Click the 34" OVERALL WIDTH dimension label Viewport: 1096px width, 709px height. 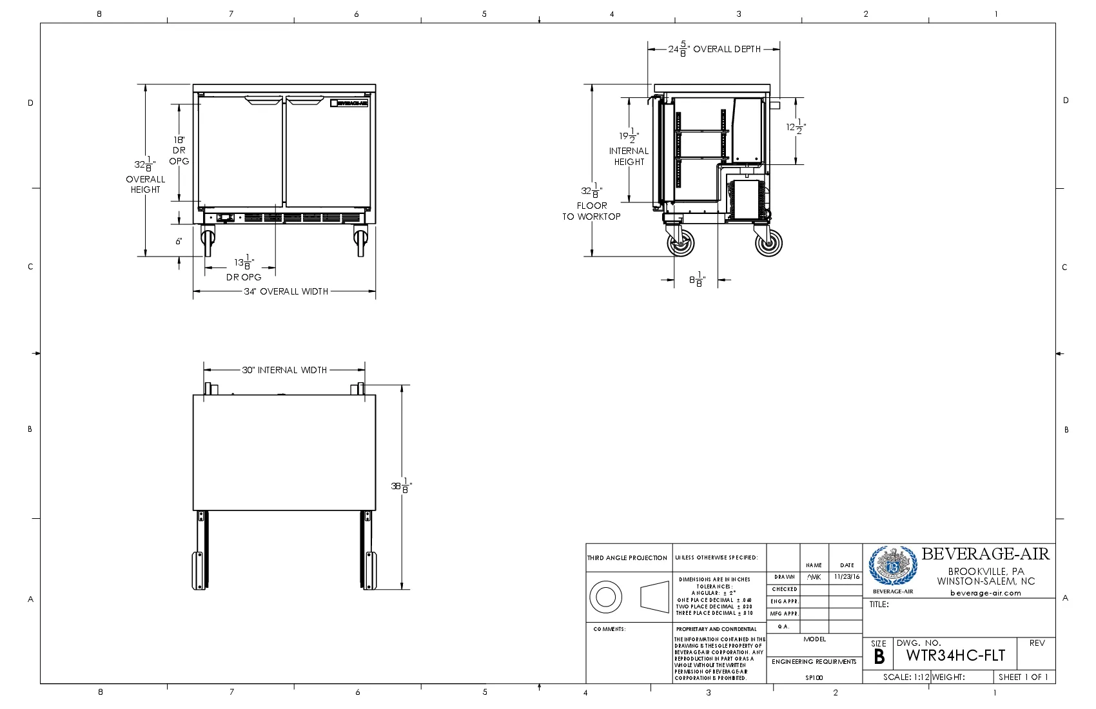click(286, 291)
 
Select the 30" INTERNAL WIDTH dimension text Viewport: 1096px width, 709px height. click(284, 370)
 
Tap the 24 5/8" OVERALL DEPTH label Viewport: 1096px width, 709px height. click(714, 49)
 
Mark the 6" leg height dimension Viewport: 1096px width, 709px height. click(179, 241)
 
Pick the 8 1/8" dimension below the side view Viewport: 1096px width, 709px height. click(697, 280)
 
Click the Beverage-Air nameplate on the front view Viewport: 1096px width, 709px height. click(349, 102)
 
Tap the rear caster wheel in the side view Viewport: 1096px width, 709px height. click(768, 243)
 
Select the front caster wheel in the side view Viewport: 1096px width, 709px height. click(681, 244)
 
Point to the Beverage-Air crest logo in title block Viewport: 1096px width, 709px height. click(893, 567)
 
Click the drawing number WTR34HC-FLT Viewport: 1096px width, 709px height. click(955, 656)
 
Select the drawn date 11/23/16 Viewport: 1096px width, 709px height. click(846, 577)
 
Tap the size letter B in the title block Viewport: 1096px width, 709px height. click(879, 657)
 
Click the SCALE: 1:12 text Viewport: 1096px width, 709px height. click(906, 677)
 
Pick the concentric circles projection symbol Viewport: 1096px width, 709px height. click(605, 597)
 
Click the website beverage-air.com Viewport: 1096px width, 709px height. click(986, 593)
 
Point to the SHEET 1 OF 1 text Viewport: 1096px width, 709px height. click(1023, 677)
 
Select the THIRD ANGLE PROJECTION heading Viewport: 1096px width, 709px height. click(627, 558)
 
